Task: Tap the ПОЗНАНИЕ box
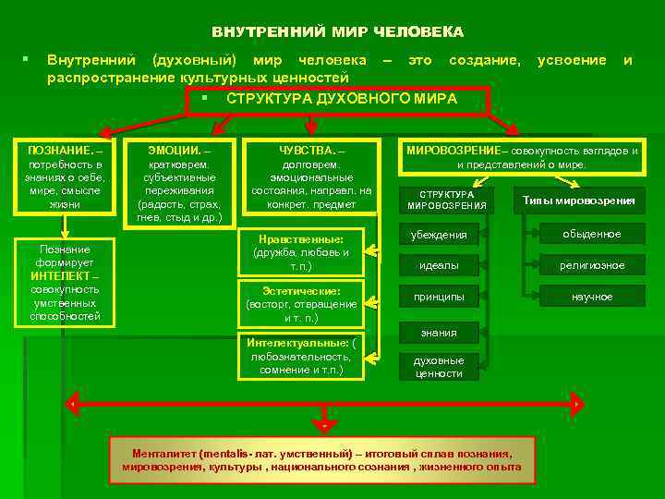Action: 65,176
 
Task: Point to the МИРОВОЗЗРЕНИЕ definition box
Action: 522,157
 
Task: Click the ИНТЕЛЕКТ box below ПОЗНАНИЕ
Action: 65,282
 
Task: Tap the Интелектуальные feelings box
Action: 300,356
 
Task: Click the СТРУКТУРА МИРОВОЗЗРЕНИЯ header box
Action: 447,200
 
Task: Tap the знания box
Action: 440,332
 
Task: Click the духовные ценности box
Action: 440,367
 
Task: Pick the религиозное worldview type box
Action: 592,266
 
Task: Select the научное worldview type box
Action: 592,297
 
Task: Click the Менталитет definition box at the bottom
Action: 322,460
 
